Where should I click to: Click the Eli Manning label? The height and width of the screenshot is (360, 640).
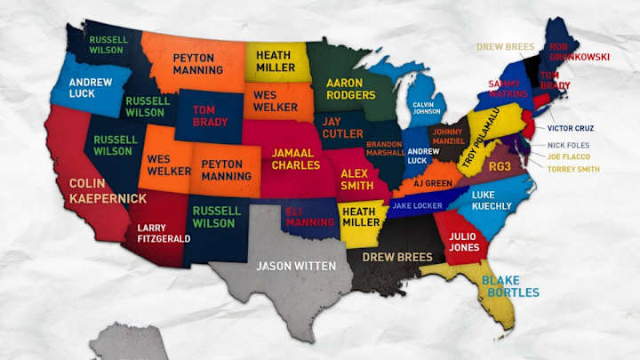[x=310, y=216]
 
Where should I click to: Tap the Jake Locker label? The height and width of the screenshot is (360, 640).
[x=412, y=206]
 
